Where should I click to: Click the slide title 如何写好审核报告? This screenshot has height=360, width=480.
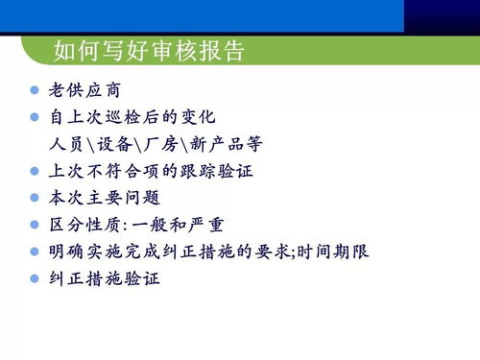click(149, 49)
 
